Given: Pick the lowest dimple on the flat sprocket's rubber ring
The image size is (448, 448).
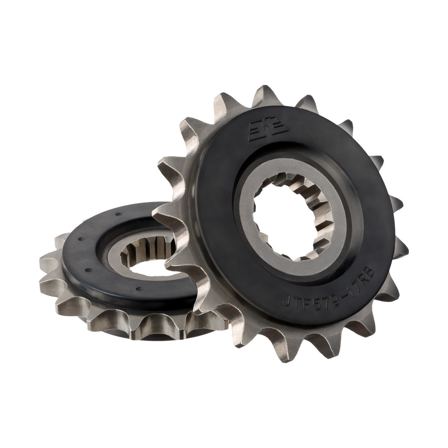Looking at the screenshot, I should coord(139,288).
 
